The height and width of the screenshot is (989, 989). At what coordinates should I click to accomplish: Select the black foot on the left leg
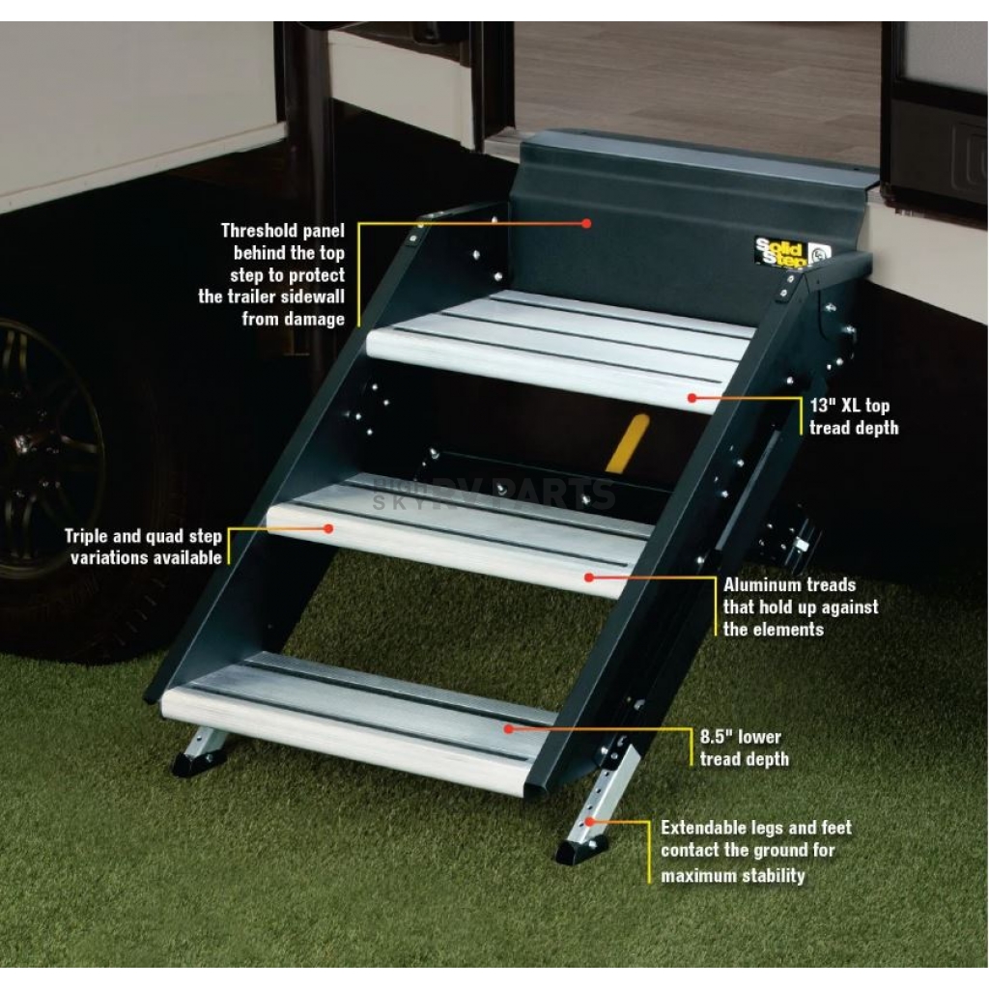point(199,762)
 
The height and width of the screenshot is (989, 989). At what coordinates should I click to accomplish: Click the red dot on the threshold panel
point(586,223)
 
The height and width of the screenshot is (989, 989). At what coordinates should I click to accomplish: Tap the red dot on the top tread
point(692,397)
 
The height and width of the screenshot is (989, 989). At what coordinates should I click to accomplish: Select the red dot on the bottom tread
point(506,729)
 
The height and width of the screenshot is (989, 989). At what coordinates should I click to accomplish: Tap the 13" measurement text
point(823,406)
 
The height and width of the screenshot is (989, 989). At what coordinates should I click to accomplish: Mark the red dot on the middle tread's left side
point(328,528)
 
